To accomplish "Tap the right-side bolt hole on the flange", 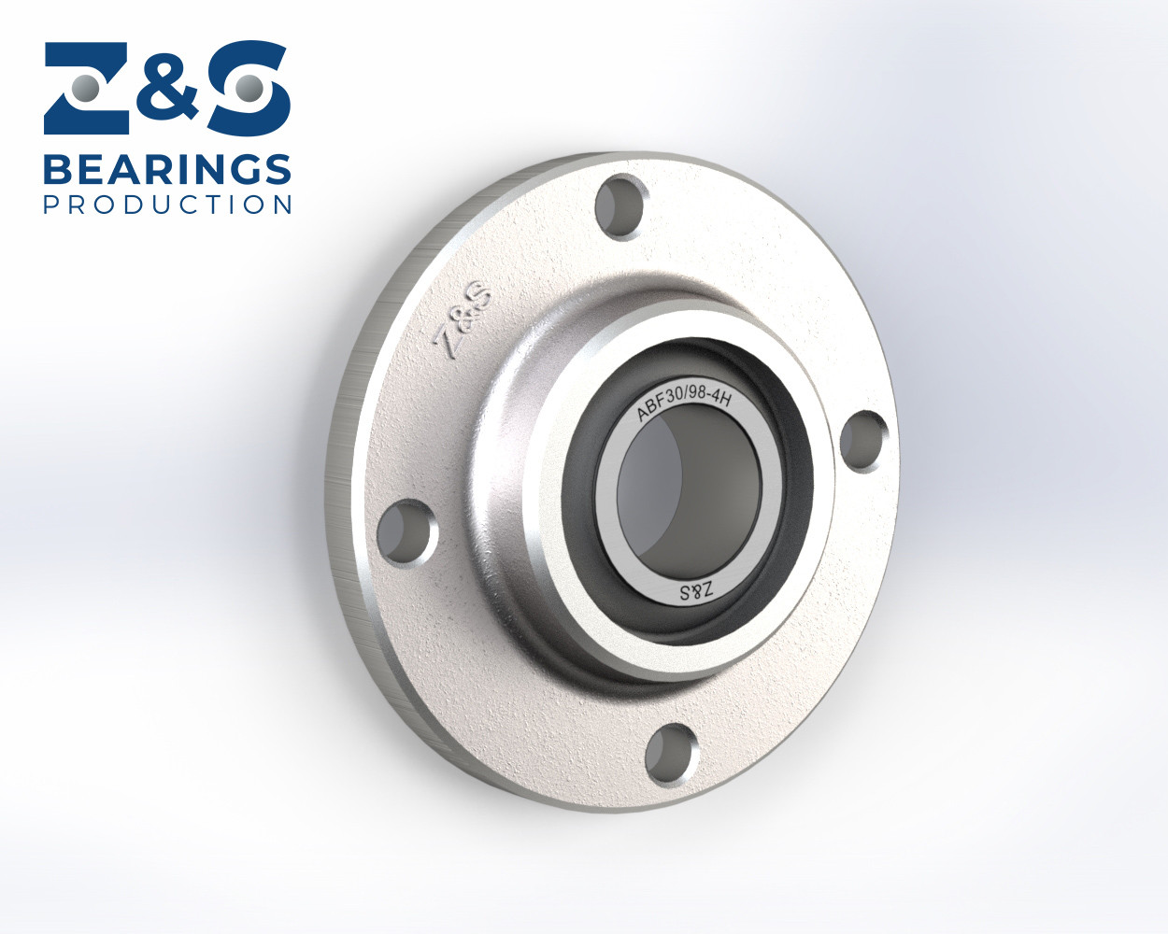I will pos(864,440).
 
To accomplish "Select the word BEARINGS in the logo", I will pos(167,171).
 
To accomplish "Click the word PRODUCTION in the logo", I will pos(167,205).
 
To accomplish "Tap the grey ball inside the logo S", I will pos(247,90).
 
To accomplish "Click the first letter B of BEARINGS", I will pos(58,171).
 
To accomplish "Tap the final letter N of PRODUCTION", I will pos(282,205).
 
